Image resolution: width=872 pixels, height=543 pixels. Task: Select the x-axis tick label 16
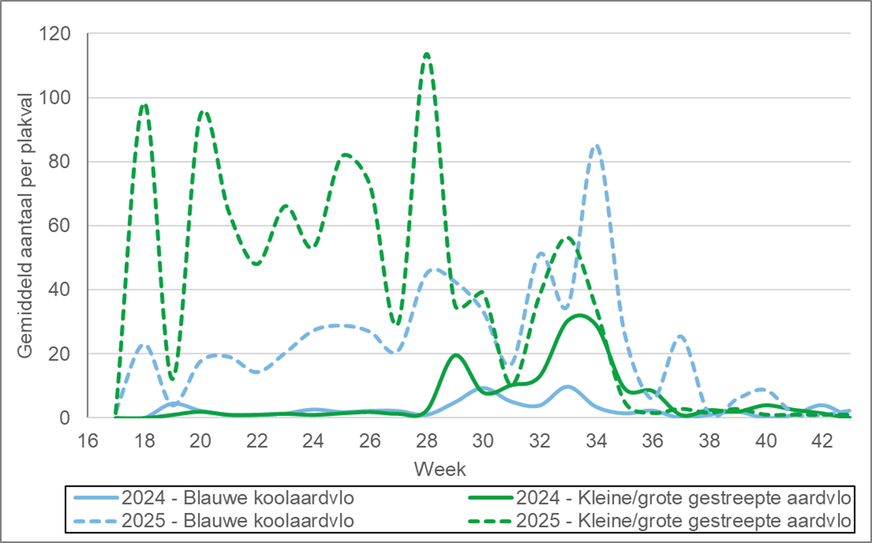tap(88, 440)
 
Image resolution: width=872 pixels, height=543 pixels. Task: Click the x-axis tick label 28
tap(426, 440)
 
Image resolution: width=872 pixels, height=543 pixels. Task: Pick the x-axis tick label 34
tap(596, 440)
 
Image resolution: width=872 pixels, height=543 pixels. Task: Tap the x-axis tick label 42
tap(822, 440)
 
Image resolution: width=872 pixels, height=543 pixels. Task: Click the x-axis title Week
tap(440, 469)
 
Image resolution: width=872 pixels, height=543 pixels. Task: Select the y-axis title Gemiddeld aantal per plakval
tap(25, 225)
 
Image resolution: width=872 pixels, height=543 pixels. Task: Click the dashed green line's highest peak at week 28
tap(427, 54)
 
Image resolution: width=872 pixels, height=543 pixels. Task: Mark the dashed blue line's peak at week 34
tap(596, 146)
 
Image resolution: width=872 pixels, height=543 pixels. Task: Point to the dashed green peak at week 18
tap(144, 105)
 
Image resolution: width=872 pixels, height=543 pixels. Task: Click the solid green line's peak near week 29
tap(455, 355)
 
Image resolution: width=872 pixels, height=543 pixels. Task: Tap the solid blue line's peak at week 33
tap(568, 387)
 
